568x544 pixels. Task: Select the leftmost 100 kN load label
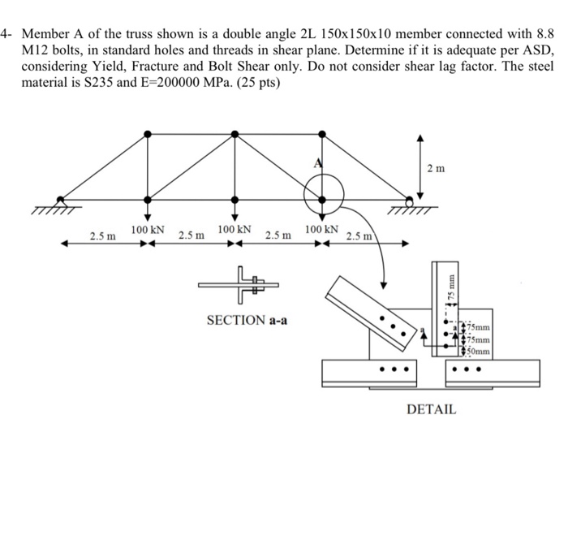(148, 231)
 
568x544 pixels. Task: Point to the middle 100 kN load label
(235, 231)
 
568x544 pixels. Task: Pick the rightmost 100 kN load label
(322, 231)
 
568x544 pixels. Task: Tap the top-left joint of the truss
(147, 132)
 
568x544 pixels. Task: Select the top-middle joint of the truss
(235, 132)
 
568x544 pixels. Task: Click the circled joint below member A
(322, 197)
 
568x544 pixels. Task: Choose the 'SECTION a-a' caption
(247, 320)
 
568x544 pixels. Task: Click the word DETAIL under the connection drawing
(431, 409)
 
